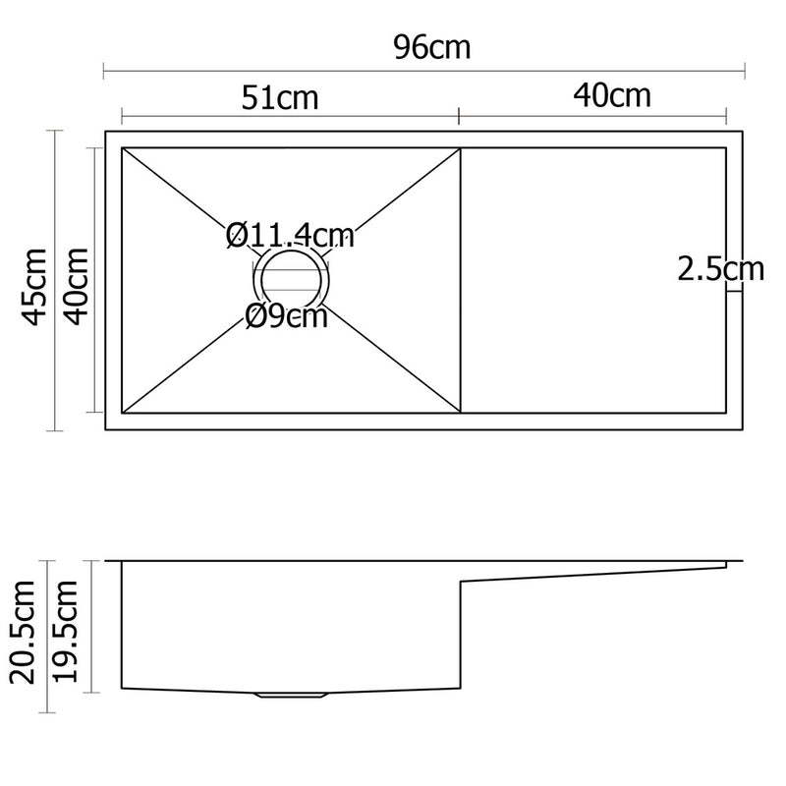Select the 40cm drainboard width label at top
(x=612, y=95)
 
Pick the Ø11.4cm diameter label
(x=290, y=236)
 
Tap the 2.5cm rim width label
(x=720, y=268)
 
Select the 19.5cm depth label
(x=68, y=630)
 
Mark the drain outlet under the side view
(x=291, y=696)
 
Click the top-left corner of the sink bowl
(x=122, y=148)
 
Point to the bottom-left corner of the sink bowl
(x=122, y=413)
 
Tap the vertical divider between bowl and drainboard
(x=461, y=280)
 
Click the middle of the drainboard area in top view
(x=593, y=280)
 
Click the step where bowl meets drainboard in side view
(x=462, y=582)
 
